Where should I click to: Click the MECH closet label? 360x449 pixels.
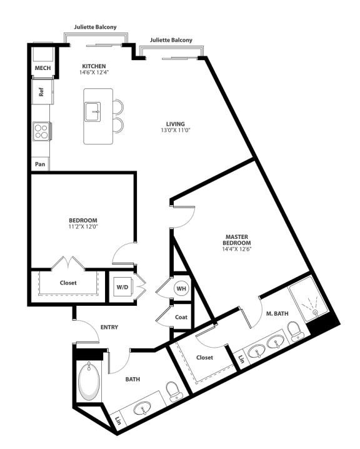click(x=42, y=68)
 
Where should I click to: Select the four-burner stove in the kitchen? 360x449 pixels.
click(x=41, y=131)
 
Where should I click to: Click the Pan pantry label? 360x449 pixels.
click(x=40, y=165)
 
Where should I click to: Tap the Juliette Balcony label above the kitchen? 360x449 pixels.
click(x=95, y=28)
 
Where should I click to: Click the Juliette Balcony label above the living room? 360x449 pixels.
click(x=171, y=40)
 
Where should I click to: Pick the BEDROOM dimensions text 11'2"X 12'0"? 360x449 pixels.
click(x=82, y=226)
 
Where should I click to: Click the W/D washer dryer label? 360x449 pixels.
click(x=121, y=287)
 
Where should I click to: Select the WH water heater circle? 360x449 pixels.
click(x=181, y=288)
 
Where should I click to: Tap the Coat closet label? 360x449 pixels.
click(x=181, y=317)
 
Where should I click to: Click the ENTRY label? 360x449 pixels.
click(x=109, y=327)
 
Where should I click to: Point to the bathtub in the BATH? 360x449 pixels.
click(x=89, y=383)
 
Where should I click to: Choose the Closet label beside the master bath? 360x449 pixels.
click(x=204, y=358)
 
